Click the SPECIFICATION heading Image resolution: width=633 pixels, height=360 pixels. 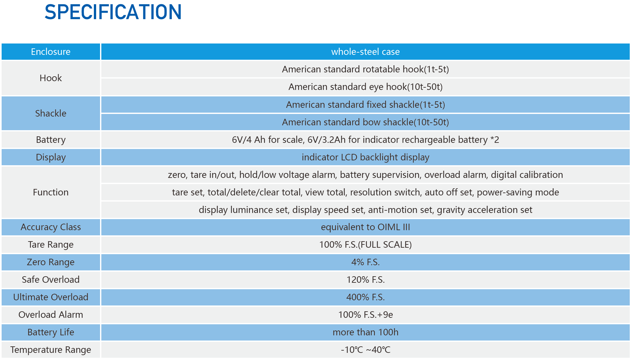[113, 12]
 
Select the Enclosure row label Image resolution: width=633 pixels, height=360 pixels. [51, 52]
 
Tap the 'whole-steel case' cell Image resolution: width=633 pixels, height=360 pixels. [365, 52]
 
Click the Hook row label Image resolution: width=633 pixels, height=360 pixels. [51, 78]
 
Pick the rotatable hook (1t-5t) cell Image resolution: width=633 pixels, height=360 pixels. [365, 69]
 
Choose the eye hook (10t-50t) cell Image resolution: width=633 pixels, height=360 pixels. [365, 87]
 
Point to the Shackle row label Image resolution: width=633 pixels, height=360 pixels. [51, 113]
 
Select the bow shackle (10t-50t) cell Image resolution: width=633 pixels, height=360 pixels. [365, 122]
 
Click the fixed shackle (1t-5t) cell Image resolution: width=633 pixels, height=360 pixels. [365, 105]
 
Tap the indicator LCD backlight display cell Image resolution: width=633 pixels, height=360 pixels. [365, 157]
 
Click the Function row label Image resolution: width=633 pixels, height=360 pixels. [51, 192]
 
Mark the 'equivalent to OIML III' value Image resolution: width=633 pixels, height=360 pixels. [365, 227]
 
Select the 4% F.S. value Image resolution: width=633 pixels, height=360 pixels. [365, 262]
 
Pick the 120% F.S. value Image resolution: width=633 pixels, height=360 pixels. [365, 279]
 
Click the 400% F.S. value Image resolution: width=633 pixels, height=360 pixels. [365, 297]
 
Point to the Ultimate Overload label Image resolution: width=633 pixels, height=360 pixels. [51, 297]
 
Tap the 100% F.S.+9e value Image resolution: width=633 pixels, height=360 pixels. [365, 315]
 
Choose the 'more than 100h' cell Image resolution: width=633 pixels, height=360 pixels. [365, 332]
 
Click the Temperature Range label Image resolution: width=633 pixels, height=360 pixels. [51, 350]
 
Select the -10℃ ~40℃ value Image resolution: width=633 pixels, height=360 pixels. [365, 350]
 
